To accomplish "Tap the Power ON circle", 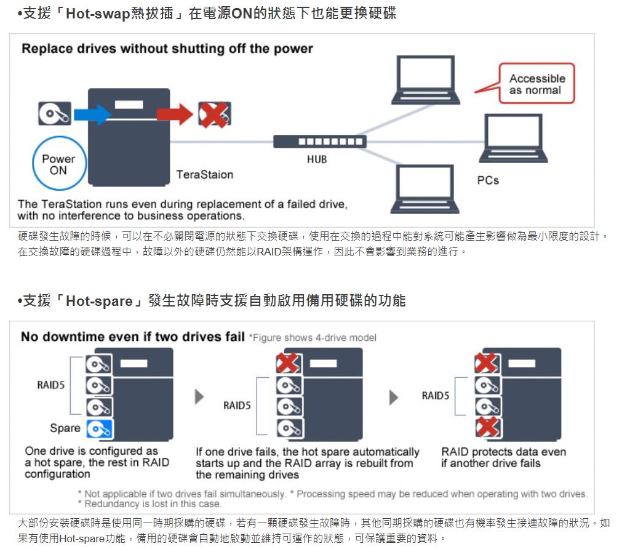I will point(58,164).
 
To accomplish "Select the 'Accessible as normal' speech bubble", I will point(536,84).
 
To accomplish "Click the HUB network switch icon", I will point(320,141).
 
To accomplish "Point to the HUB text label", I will point(317,159).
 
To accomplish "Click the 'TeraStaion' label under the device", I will point(205,175).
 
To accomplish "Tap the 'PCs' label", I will point(488,180).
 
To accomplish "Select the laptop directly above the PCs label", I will point(513,139).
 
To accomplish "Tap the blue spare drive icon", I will point(99,429).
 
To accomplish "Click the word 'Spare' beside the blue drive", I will point(65,428).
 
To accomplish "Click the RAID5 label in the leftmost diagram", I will point(51,385).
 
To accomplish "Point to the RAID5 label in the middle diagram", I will point(237,406).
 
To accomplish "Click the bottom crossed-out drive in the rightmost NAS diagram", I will point(487,427).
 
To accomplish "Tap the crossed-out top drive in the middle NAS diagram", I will point(288,364).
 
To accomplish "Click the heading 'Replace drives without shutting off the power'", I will point(167,49).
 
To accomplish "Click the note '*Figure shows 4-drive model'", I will point(312,337).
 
